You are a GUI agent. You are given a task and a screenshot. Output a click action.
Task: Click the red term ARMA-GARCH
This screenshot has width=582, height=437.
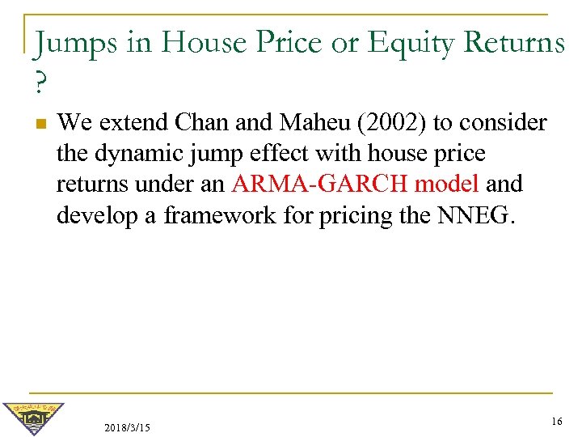coord(324,185)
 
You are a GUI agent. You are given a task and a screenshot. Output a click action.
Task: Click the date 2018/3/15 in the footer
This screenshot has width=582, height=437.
coord(127,426)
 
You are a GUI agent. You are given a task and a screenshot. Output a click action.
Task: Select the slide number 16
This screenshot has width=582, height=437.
coord(555,421)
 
